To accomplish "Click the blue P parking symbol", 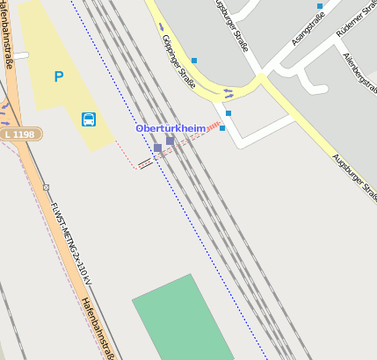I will click(x=59, y=77).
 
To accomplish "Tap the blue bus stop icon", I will click(x=89, y=119).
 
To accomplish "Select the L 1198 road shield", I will click(x=20, y=134).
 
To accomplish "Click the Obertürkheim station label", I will click(x=170, y=128).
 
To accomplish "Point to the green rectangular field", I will click(x=183, y=320).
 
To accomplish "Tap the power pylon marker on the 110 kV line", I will click(x=47, y=187).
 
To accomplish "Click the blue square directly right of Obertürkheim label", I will click(x=222, y=128).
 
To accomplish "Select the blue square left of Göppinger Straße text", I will click(x=193, y=61).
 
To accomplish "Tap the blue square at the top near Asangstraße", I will click(x=320, y=6).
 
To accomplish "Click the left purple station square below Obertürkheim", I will click(x=157, y=148).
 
